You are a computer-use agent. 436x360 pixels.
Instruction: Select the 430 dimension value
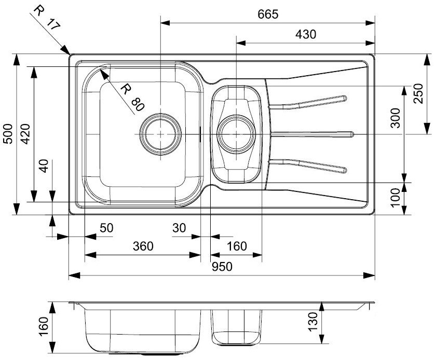click(x=305, y=34)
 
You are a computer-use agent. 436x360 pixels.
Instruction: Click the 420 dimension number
click(x=25, y=134)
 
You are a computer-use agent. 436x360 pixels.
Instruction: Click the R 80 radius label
click(x=131, y=98)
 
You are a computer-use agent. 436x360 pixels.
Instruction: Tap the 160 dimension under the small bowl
click(x=237, y=246)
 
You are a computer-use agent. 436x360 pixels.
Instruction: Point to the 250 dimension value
click(x=418, y=94)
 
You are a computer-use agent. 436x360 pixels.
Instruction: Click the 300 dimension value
click(x=396, y=119)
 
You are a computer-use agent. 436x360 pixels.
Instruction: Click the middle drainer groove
click(x=311, y=134)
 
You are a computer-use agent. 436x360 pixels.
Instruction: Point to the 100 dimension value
click(x=396, y=198)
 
